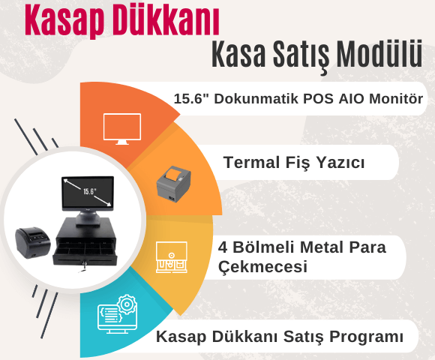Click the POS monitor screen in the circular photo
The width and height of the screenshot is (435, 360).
87,194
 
